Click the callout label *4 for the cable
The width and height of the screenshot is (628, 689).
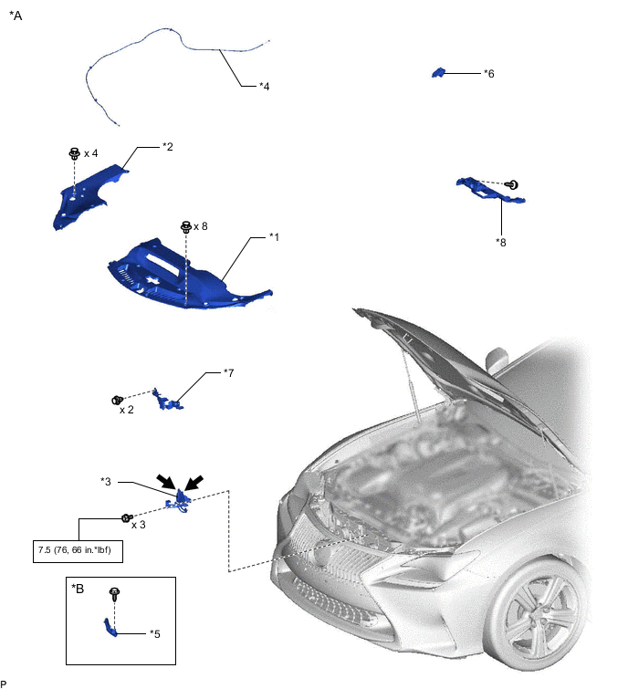(x=264, y=86)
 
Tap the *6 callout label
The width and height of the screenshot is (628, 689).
(x=488, y=73)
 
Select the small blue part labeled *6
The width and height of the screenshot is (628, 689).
(x=438, y=72)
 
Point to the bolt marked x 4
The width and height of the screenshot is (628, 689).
(x=75, y=153)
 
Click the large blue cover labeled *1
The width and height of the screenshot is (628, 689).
(x=189, y=275)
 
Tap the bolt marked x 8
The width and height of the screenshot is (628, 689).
(x=186, y=226)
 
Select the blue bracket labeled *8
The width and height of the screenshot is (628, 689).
(x=490, y=191)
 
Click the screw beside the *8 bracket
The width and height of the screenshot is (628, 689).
(x=511, y=184)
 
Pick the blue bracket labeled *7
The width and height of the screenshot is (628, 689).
(x=167, y=401)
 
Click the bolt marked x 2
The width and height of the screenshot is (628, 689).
(x=118, y=400)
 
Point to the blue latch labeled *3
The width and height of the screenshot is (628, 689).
(x=179, y=502)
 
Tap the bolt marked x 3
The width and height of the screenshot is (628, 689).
(x=127, y=518)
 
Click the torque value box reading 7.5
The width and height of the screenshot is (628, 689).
(x=78, y=551)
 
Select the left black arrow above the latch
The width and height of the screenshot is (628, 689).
(x=166, y=481)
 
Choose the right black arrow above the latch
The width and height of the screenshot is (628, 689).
(x=194, y=483)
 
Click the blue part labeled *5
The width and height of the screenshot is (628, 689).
(x=110, y=628)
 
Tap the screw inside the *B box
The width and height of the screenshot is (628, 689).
(x=115, y=594)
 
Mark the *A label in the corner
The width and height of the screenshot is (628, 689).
(x=16, y=16)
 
